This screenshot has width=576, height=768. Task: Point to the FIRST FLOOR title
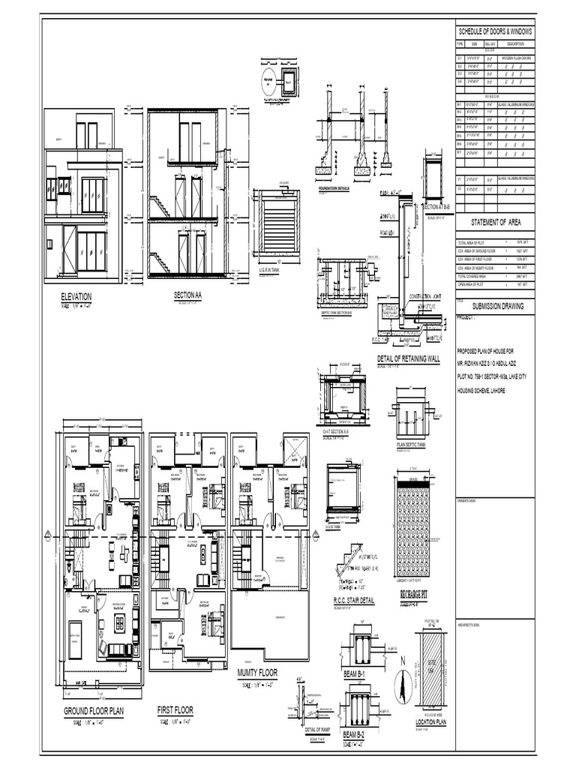click(175, 709)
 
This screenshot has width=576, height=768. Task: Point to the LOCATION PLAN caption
click(431, 722)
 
